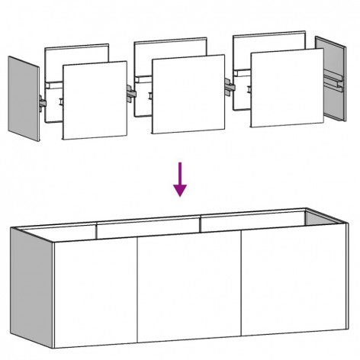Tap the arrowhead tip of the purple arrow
point(180,195)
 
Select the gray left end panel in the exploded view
point(24,100)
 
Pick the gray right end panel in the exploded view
point(330,79)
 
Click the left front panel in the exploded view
point(94,100)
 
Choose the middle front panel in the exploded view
point(188,95)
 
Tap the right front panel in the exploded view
point(284,88)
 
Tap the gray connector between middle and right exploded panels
point(227,86)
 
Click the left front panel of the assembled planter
point(95,290)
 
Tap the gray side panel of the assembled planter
point(28,286)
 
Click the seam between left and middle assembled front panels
point(137,290)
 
